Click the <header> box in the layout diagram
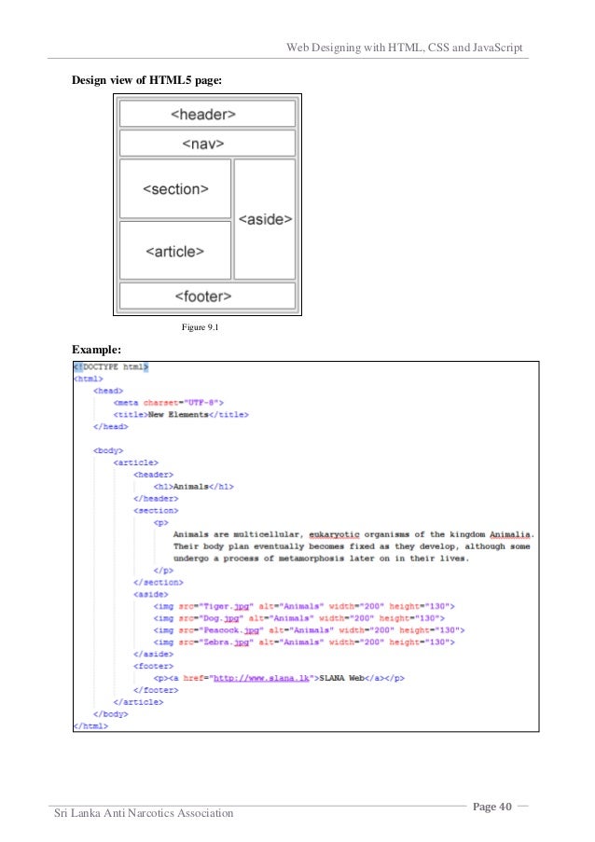point(207,114)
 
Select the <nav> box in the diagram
point(207,144)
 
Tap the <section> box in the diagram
point(175,189)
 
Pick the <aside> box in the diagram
point(265,219)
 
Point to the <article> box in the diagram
point(175,250)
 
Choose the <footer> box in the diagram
point(207,296)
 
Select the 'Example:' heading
point(97,349)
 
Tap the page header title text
point(403,47)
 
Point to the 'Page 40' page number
point(492,806)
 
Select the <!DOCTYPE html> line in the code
point(111,367)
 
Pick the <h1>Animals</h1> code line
point(193,487)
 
